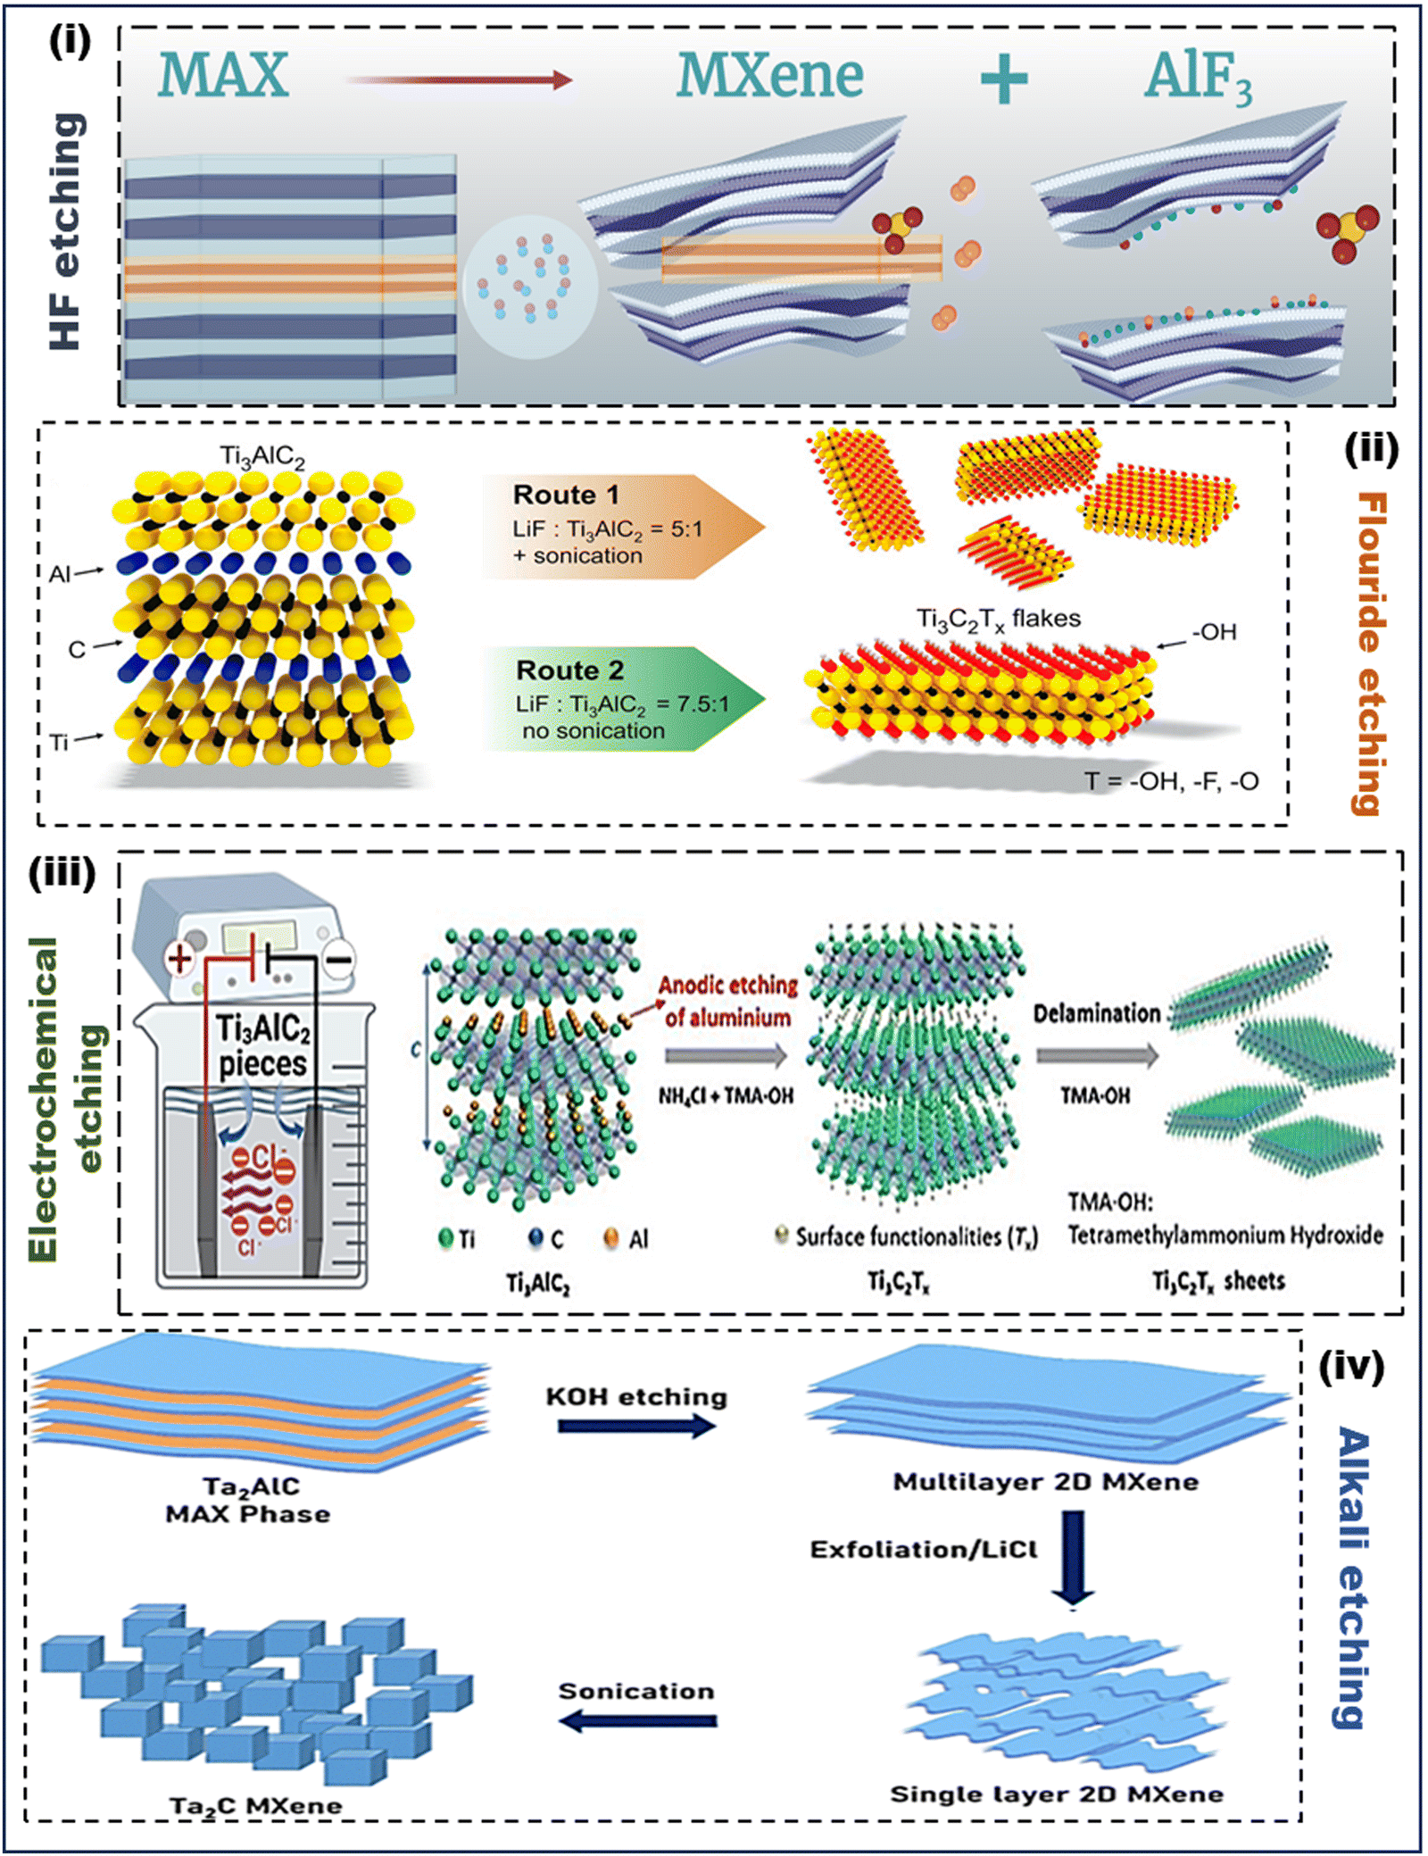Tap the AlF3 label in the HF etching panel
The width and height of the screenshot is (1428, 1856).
1199,77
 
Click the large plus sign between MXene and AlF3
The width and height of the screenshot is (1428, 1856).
1004,78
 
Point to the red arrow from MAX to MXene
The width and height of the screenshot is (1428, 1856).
459,80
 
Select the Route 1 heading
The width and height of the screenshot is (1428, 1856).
566,495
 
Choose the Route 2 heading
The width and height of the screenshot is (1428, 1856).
569,670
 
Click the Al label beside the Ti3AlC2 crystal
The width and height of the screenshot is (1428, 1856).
60,573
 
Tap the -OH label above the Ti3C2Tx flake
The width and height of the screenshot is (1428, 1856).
1215,632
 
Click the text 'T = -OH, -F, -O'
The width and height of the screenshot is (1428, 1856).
1171,781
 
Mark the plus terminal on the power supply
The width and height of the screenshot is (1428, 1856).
180,959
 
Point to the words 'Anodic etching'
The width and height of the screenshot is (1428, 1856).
728,986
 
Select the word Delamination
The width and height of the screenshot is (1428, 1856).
1097,1013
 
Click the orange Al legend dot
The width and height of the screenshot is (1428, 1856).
611,1237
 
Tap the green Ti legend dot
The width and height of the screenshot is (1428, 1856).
446,1237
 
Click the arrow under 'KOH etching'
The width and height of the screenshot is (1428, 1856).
636,1426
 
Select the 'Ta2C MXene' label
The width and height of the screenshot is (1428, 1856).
256,1806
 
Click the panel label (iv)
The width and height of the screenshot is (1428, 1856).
1351,1367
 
